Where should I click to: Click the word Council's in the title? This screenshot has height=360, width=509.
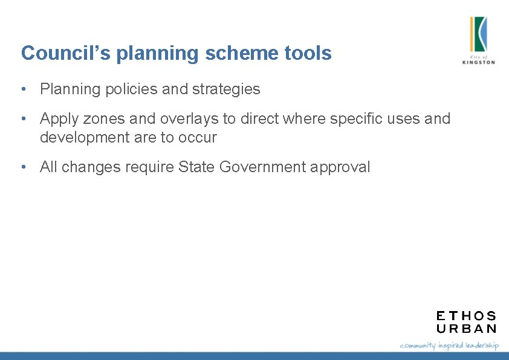[x=66, y=53]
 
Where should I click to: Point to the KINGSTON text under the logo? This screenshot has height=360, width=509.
[x=478, y=62]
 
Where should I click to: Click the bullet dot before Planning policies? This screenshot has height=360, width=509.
[x=22, y=89]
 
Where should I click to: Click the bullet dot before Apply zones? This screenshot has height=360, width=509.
[x=22, y=118]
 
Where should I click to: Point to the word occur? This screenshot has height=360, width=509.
[x=197, y=137]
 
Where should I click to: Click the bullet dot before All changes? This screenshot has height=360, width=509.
[x=22, y=167]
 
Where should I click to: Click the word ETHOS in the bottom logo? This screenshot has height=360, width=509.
[x=466, y=316]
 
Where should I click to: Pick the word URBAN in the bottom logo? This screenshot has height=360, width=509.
[x=466, y=329]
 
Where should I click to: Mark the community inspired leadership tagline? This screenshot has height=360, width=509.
[x=449, y=345]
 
